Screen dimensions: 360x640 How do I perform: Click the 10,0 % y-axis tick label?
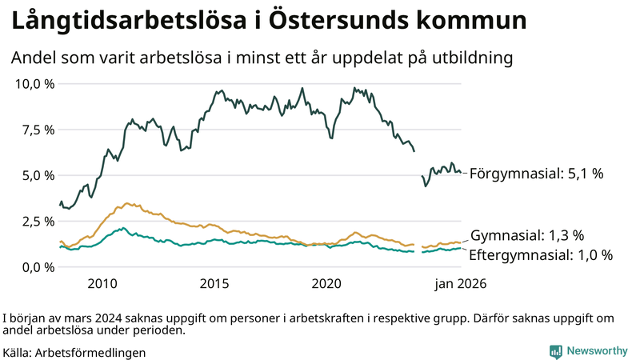click(x=33, y=84)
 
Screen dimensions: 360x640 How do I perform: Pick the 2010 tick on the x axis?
click(x=102, y=284)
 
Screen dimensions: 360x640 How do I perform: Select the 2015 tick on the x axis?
click(x=214, y=284)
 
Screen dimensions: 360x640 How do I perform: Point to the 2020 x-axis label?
click(x=326, y=284)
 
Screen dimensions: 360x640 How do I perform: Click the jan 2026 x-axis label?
click(x=460, y=284)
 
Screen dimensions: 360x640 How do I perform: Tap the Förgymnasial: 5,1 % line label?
click(x=535, y=173)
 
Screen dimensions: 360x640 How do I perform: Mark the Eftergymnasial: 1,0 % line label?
click(x=541, y=255)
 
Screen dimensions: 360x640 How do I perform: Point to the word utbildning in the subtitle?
click(x=473, y=58)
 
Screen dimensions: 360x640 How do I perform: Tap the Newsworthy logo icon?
click(x=555, y=351)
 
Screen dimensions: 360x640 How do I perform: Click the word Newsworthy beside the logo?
click(x=597, y=351)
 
